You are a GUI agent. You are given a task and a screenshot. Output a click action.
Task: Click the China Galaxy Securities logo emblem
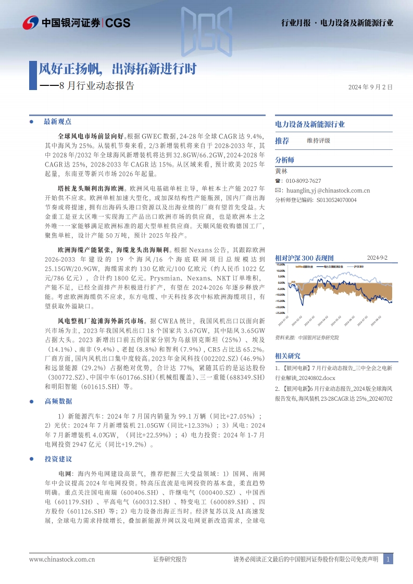pos(31,23)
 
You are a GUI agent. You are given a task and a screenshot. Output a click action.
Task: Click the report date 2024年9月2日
pos(370,87)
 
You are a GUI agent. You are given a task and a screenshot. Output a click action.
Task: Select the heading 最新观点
pos(57,122)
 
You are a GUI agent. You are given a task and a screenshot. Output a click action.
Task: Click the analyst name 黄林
pos(281,171)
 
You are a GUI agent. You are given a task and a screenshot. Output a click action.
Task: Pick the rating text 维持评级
pos(318,141)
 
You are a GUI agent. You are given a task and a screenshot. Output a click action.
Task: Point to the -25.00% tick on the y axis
pos(281,313)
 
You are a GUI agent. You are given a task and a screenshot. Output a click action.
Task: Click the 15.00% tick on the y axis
pos(281,264)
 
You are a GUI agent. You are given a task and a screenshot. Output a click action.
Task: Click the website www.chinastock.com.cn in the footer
pos(62,560)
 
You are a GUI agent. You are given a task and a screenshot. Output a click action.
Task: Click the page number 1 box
pos(387,560)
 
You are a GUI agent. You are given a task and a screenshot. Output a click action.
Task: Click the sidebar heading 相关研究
pos(287,356)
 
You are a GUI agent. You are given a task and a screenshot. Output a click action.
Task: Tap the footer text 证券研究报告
pos(170,560)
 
